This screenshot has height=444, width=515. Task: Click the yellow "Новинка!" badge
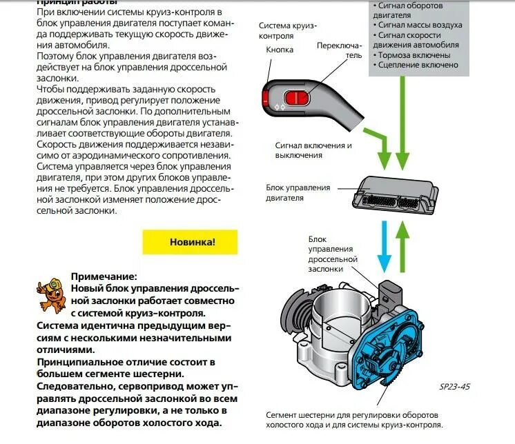(189, 242)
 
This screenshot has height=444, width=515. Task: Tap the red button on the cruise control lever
(293, 98)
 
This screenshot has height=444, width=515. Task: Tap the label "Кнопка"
(280, 50)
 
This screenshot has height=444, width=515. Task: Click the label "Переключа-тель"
(338, 50)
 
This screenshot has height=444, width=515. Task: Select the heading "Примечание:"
(104, 276)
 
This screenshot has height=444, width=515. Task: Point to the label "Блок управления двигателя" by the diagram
(298, 192)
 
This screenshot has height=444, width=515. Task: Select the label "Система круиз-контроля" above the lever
(288, 30)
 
